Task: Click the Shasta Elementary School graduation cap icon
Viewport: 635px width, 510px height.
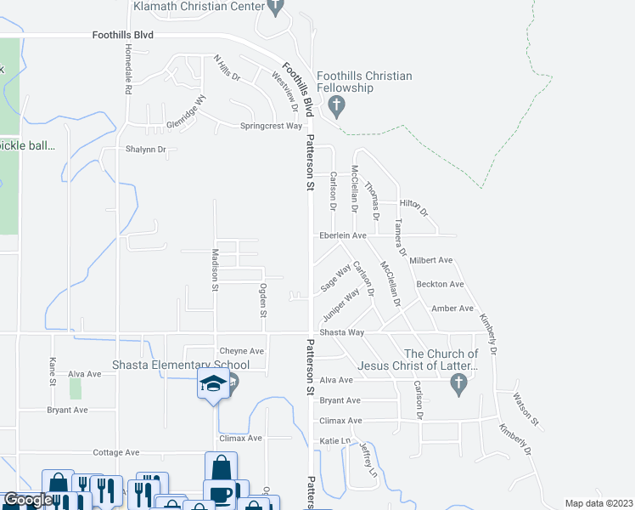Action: click(x=213, y=384)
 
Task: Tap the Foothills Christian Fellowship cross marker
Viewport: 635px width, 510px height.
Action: click(x=336, y=107)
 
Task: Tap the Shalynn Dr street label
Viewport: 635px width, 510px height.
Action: click(x=146, y=150)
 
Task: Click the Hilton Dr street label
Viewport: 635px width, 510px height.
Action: click(x=413, y=207)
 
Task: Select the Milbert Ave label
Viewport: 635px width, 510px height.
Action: click(x=430, y=260)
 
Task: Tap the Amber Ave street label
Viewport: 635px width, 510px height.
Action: click(x=452, y=309)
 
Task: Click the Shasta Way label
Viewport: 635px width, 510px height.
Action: click(x=341, y=332)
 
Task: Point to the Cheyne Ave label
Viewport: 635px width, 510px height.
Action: click(x=242, y=351)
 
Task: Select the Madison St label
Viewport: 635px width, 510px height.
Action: click(x=215, y=270)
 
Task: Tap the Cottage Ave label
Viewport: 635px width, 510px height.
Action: click(x=115, y=453)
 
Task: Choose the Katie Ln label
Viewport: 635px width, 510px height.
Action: click(x=334, y=440)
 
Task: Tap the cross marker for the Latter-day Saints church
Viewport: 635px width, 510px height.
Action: click(x=458, y=385)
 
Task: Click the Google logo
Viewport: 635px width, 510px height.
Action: click(x=27, y=500)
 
